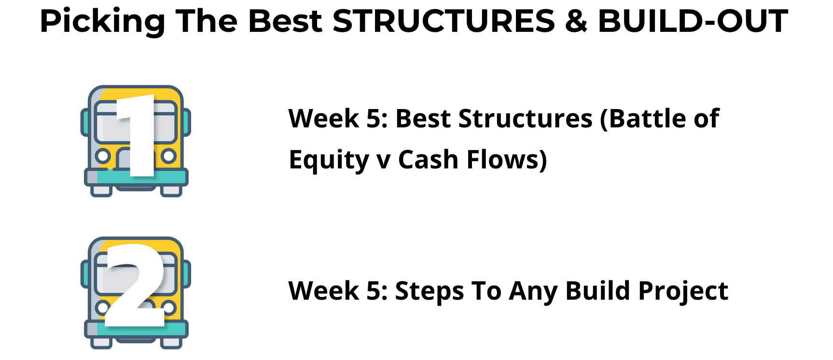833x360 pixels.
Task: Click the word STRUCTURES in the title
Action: coord(444,21)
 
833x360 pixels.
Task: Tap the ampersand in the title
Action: coord(576,21)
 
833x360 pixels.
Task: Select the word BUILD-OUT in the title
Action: coord(693,21)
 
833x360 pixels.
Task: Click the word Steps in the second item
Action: coord(429,291)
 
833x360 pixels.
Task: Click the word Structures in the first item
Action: coord(525,119)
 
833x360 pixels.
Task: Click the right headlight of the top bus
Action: coord(168,156)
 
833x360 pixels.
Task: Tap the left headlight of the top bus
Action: coord(102,156)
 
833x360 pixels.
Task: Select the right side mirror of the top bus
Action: coord(186,123)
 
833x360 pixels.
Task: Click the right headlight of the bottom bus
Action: coord(168,307)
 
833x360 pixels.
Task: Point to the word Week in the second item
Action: coord(324,291)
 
